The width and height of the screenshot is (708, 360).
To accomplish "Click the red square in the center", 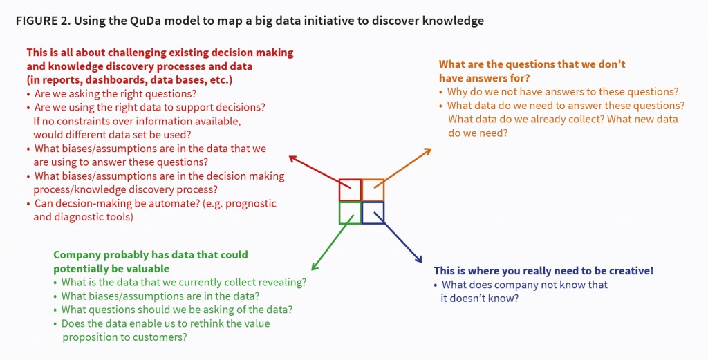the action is (339, 189).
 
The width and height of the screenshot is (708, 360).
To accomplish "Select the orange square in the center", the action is (384, 190).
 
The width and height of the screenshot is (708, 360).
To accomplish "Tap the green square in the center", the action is (339, 213).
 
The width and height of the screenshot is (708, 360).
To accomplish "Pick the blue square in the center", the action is (384, 213).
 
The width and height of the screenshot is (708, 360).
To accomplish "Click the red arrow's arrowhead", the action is (293, 158).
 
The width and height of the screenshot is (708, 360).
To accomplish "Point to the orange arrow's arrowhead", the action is (427, 151).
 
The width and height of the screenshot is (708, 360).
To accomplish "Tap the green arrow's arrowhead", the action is (315, 266).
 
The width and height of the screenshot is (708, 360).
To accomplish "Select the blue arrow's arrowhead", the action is (418, 258).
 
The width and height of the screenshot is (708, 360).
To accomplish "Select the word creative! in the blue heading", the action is (631, 271).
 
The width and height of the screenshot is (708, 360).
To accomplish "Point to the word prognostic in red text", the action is (250, 203).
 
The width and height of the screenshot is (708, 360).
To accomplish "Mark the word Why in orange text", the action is (456, 92).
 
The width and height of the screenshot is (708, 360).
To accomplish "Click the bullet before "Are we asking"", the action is (28, 94).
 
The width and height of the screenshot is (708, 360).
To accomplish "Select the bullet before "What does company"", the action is (436, 285).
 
